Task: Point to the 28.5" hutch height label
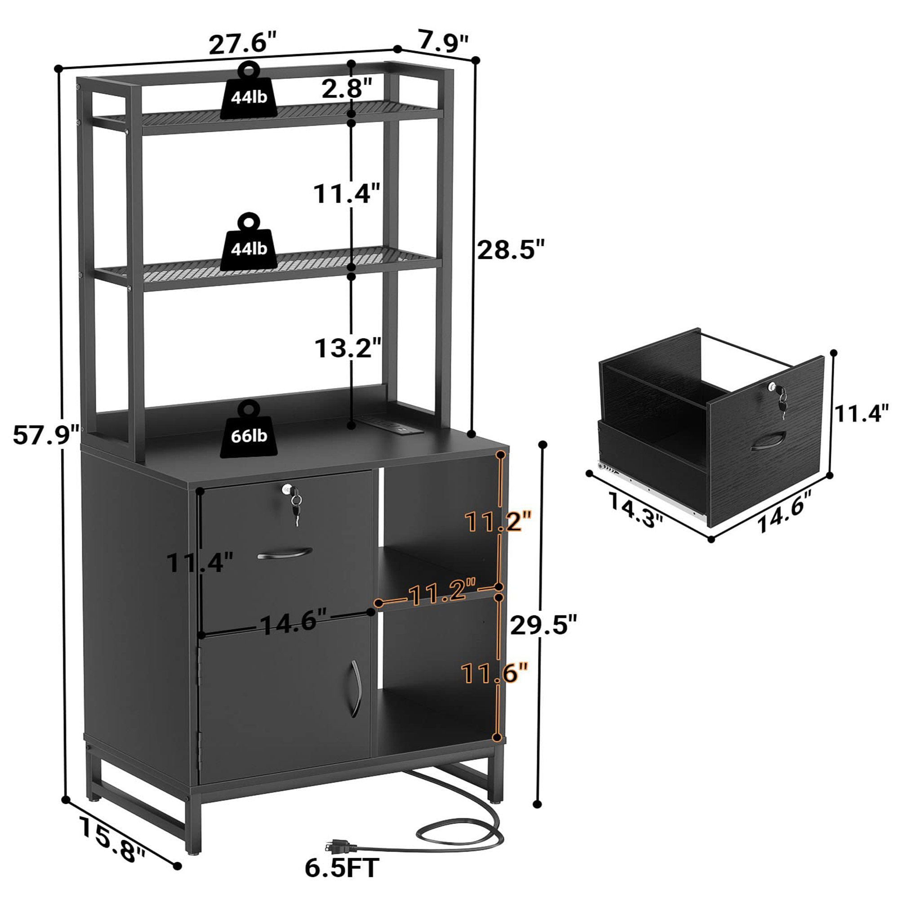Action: click(511, 250)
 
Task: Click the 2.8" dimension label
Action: click(347, 89)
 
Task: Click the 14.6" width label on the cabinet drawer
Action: click(293, 623)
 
